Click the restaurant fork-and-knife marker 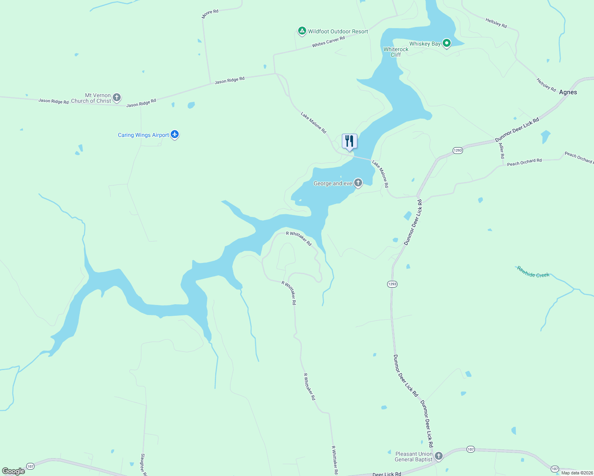point(349,141)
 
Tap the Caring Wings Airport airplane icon point(175,134)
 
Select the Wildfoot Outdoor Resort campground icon point(302,31)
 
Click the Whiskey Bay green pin point(447,43)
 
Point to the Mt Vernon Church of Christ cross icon point(117,97)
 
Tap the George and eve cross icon point(358,182)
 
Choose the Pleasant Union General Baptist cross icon point(439,456)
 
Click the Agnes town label point(568,92)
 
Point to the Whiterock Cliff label point(396,52)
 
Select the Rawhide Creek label point(533,272)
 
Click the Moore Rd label point(210,14)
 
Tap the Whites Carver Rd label point(328,42)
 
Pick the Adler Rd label point(502,151)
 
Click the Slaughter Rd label point(143,464)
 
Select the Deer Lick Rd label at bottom point(387,474)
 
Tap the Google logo point(13,471)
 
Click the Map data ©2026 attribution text point(577,473)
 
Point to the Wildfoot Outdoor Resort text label point(338,31)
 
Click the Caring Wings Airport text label point(143,135)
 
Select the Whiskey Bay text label point(425,44)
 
